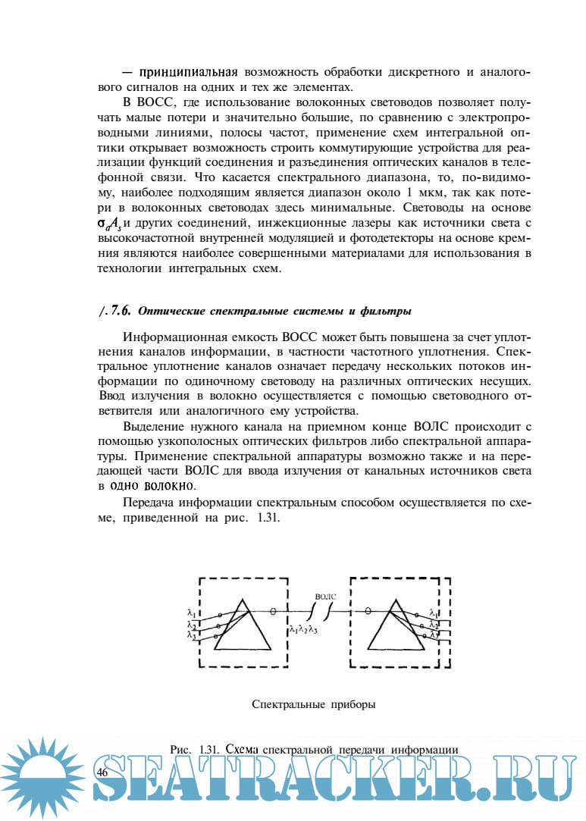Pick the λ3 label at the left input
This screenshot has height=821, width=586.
pos(192,635)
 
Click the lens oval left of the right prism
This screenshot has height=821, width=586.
pos(368,610)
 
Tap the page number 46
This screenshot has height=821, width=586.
pos(103,771)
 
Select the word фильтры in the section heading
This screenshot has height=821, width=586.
pos(387,311)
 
